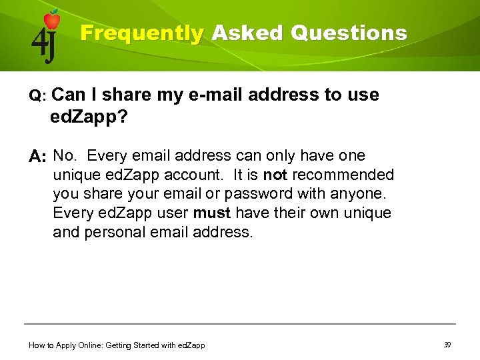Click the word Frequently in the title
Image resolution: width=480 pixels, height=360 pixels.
[141, 33]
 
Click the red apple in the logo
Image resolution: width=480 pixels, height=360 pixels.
[51, 20]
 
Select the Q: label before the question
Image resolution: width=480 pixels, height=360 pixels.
[37, 96]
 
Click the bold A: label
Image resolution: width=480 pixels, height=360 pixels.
[38, 157]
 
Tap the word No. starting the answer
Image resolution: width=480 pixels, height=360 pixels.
[65, 156]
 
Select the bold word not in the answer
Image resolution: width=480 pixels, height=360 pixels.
[275, 175]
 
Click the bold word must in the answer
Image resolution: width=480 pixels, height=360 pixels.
[212, 214]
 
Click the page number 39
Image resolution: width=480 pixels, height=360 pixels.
[447, 345]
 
